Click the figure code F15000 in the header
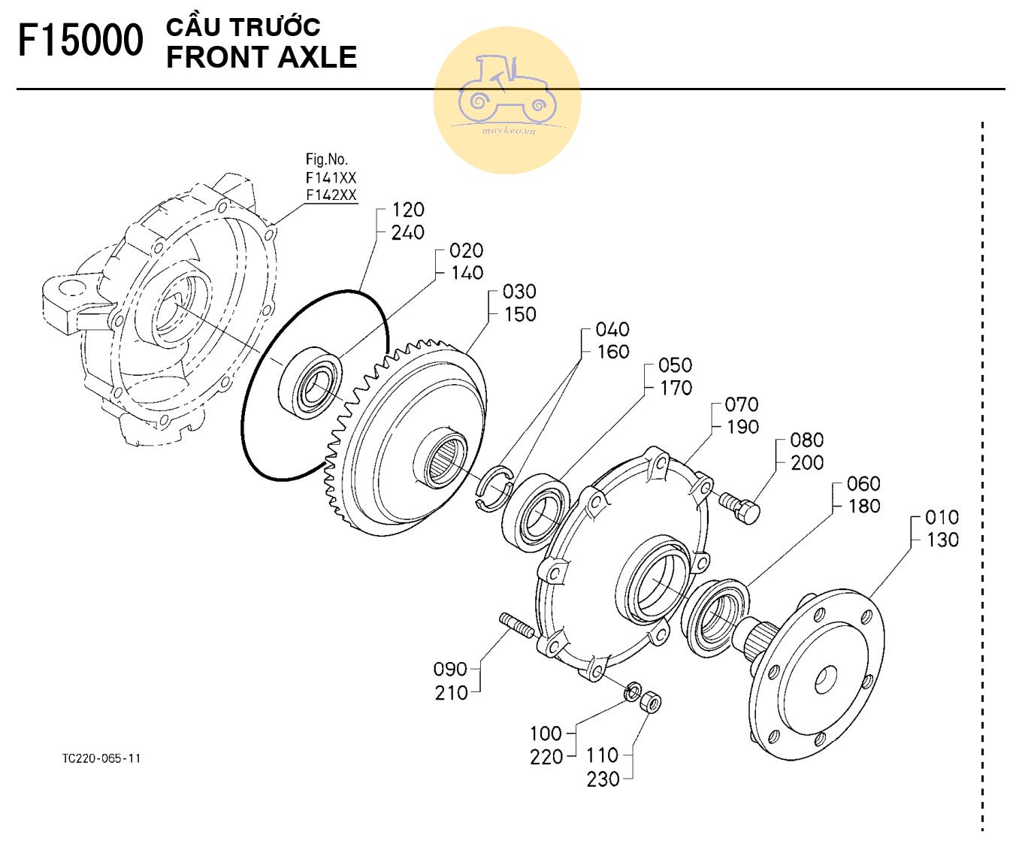80,41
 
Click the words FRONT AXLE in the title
262,58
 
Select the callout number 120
408,210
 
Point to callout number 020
466,250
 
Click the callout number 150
520,314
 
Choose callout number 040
612,329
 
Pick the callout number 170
676,388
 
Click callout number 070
742,404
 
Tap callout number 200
807,463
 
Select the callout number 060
863,483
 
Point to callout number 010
942,517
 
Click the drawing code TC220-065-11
101,758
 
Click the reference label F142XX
331,195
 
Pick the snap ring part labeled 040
494,489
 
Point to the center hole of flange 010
826,680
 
